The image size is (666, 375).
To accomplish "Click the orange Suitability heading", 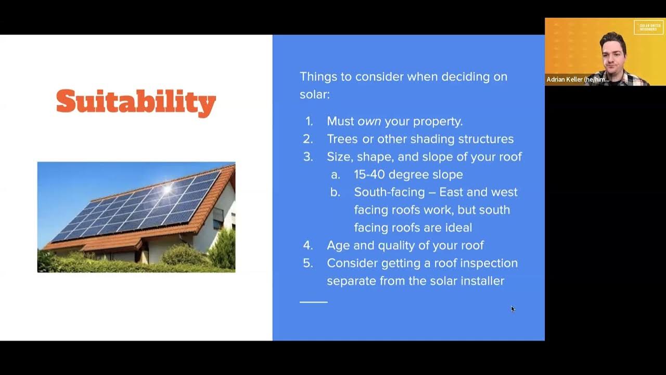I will click(136, 102).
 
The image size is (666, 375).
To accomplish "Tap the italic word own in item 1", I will click(369, 121).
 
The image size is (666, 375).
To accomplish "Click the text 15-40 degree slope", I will click(408, 174).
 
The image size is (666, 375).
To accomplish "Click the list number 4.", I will click(308, 245).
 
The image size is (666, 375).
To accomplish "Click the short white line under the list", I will click(313, 302).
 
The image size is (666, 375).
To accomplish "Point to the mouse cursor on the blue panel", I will click(513, 308).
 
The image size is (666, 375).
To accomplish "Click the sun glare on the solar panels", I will click(167, 189).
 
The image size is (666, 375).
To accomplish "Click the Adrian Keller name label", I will click(578, 80).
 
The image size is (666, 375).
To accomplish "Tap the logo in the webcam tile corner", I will click(648, 27).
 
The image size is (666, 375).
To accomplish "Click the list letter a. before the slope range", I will click(336, 174).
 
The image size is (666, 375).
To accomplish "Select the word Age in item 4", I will click(337, 245).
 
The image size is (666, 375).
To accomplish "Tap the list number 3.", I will click(308, 157).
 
